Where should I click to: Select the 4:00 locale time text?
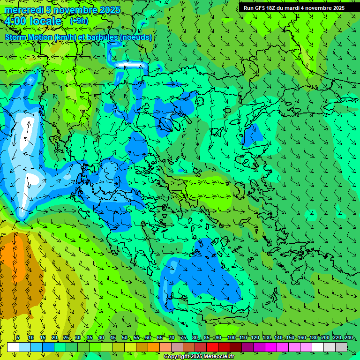(33, 21)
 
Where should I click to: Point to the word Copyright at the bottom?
(176, 357)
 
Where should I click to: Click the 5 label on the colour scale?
(18, 337)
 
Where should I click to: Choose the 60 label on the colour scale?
(148, 337)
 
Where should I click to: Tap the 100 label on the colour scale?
(231, 337)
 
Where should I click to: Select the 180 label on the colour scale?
(313, 337)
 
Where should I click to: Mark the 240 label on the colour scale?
(348, 337)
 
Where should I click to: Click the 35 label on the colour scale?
(90, 337)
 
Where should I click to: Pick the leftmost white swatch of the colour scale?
(13, 347)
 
